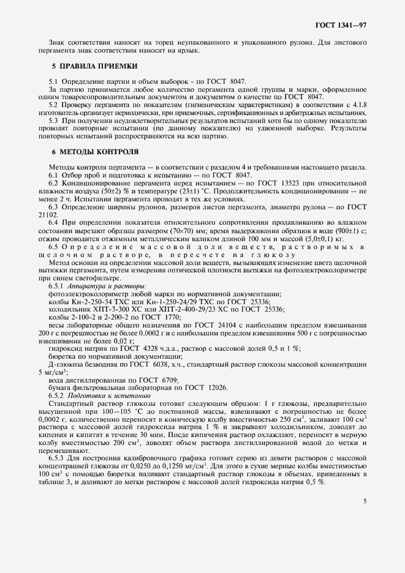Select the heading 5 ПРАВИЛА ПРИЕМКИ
click(94, 66)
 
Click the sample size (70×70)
click(210, 231)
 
